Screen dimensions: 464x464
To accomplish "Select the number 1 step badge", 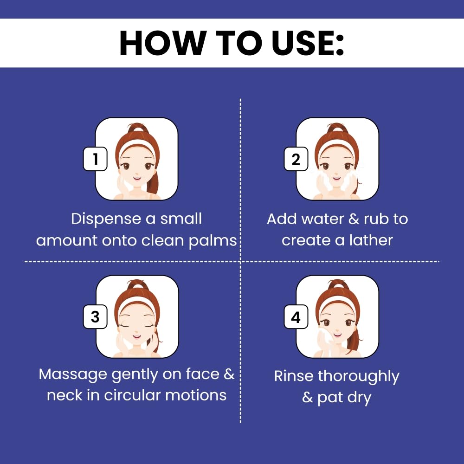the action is coord(95,159).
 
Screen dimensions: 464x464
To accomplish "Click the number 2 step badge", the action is coord(296,159).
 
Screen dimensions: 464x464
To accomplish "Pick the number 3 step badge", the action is coord(95,316).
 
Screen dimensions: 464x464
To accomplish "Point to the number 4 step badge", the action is coord(296,317).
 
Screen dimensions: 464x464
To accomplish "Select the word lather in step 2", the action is coord(371,240).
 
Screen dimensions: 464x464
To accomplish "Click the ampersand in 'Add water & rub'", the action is coord(354,219).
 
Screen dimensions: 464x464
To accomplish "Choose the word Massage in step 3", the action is coord(73,375).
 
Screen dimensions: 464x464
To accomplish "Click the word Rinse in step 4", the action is coord(294,376).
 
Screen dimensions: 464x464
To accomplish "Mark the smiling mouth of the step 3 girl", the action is coord(137,336).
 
